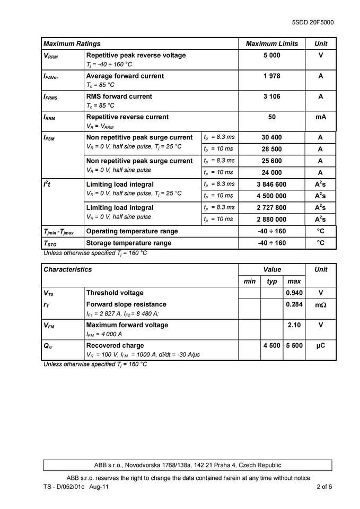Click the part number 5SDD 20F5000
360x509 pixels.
[x=313, y=23]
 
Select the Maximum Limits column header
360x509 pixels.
[x=271, y=44]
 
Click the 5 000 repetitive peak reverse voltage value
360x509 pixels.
[x=271, y=55]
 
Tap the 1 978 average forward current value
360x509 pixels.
[x=271, y=76]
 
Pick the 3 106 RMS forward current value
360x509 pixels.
[x=271, y=96]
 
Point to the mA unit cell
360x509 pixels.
[x=321, y=117]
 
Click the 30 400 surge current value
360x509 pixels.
[x=271, y=137]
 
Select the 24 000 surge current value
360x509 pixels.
[x=271, y=172]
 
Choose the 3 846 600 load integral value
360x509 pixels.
[x=271, y=184]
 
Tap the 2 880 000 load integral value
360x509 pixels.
[x=271, y=219]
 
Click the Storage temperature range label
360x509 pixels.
[x=128, y=243]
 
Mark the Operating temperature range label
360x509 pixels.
[x=132, y=231]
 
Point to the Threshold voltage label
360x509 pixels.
[x=115, y=293]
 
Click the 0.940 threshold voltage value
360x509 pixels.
[x=294, y=293]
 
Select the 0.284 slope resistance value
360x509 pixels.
[x=294, y=304]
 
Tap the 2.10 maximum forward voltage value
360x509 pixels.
[x=294, y=324]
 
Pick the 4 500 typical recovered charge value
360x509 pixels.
[x=272, y=345]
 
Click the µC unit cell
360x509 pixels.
[x=321, y=345]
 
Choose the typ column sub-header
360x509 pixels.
[x=272, y=281]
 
